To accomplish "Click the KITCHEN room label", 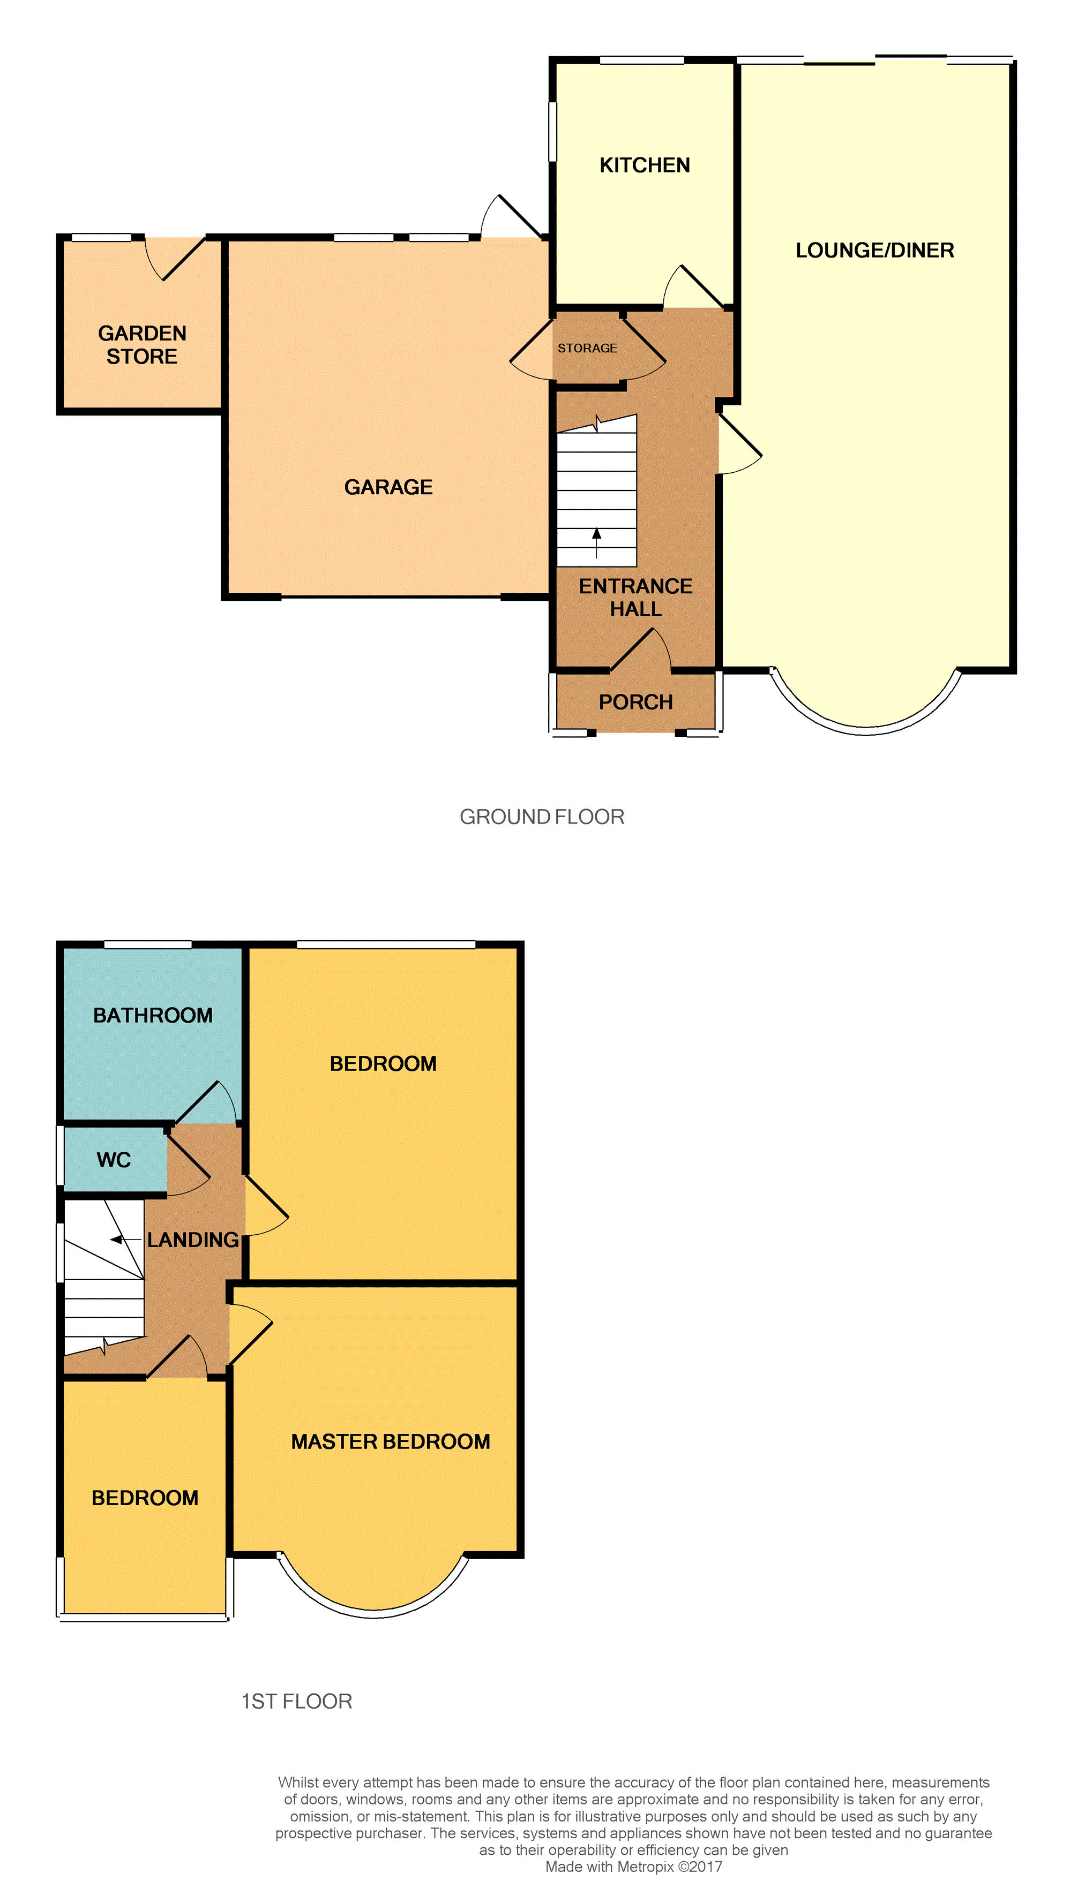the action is pyautogui.click(x=645, y=165).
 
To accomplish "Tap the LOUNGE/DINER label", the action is pyautogui.click(x=875, y=250).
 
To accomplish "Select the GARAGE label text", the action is pyautogui.click(x=388, y=487).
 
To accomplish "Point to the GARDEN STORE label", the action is pyautogui.click(x=143, y=345).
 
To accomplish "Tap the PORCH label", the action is pyautogui.click(x=635, y=702).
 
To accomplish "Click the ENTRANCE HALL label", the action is pyautogui.click(x=635, y=597).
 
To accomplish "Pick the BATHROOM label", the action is pyautogui.click(x=153, y=1016).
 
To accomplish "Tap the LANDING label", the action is pyautogui.click(x=193, y=1240).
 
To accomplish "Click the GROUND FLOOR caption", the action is pyautogui.click(x=542, y=817).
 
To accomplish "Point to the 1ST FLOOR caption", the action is pyautogui.click(x=297, y=1702).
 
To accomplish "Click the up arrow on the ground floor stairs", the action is pyautogui.click(x=596, y=543).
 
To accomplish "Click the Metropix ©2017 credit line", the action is pyautogui.click(x=633, y=1867).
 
